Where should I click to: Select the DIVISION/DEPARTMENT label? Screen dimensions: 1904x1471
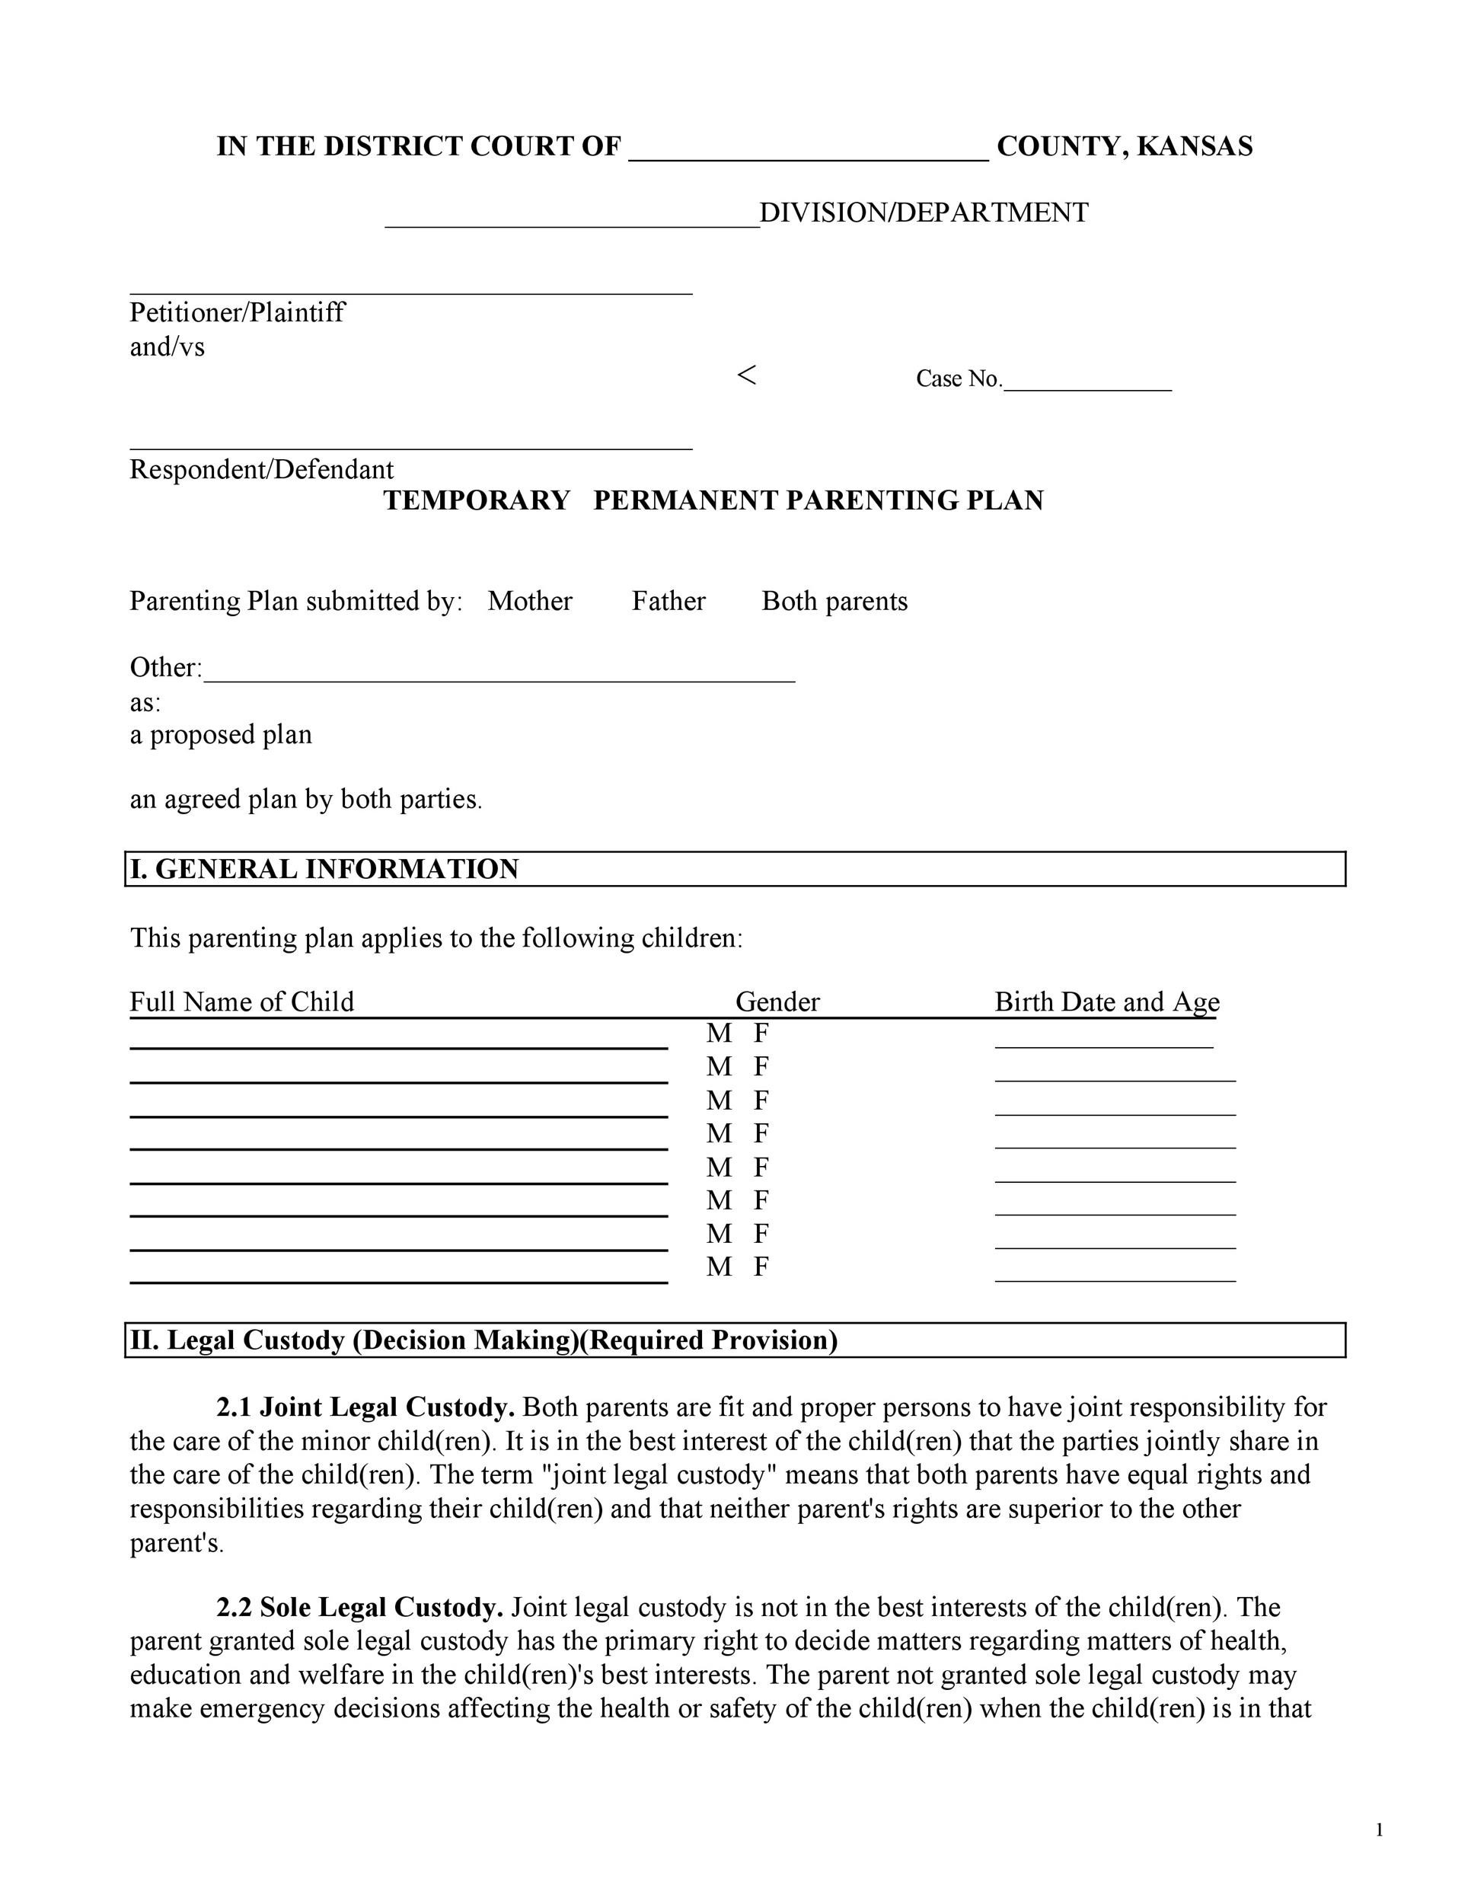pyautogui.click(x=924, y=212)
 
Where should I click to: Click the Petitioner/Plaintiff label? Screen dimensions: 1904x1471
pyautogui.click(x=237, y=312)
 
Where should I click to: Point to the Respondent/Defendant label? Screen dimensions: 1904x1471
pyautogui.click(x=261, y=470)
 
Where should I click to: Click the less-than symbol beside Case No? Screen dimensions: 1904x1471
pyautogui.click(x=746, y=375)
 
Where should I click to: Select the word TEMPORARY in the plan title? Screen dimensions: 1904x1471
pyautogui.click(x=477, y=500)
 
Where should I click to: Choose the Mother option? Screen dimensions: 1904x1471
pyautogui.click(x=530, y=602)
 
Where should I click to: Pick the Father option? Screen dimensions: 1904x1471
pyautogui.click(x=668, y=602)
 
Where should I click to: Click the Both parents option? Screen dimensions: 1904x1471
pyautogui.click(x=834, y=602)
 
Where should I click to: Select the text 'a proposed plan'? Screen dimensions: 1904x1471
pyautogui.click(x=221, y=735)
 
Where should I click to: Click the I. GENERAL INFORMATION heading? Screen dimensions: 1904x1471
pyautogui.click(x=324, y=869)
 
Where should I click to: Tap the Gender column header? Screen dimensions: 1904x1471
pyautogui.click(x=777, y=1002)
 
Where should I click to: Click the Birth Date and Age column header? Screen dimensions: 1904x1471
pyautogui.click(x=1107, y=1002)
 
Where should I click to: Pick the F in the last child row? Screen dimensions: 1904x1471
pyautogui.click(x=761, y=1267)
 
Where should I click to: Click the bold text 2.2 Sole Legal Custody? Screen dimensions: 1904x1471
pyautogui.click(x=360, y=1607)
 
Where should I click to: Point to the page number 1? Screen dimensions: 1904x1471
pyautogui.click(x=1380, y=1831)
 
